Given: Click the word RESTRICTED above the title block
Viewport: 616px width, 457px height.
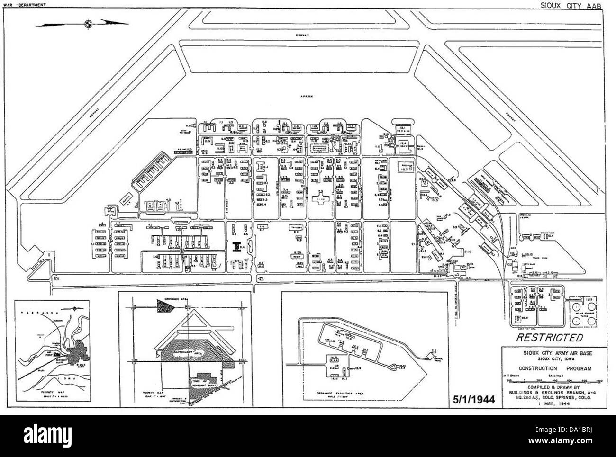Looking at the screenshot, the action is click(549, 338).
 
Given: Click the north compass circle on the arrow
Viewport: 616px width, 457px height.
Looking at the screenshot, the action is click(88, 23).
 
